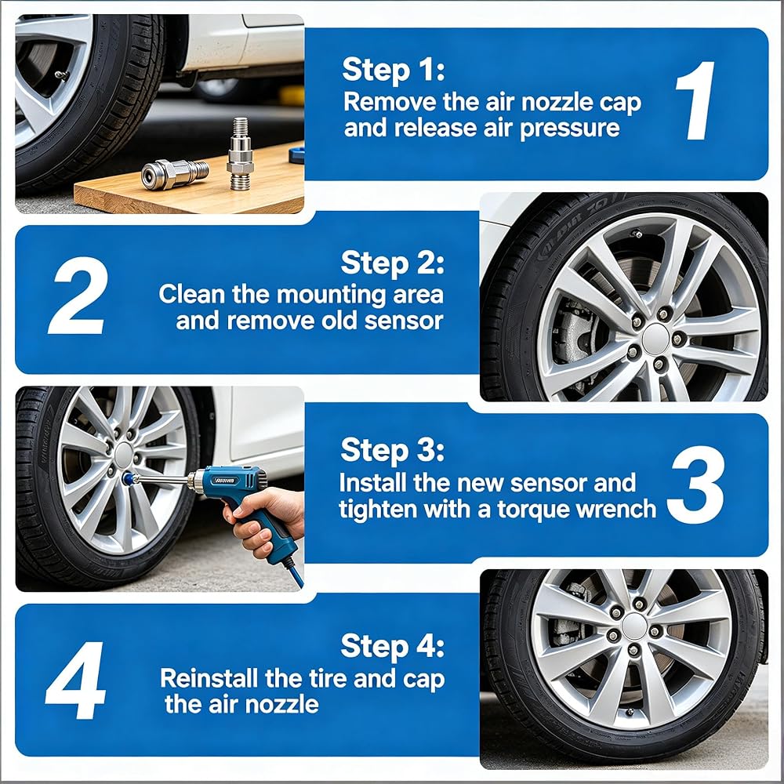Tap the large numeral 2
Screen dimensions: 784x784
[78, 296]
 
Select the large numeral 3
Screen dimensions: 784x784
[698, 485]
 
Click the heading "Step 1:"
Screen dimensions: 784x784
[394, 70]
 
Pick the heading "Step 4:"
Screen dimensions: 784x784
[393, 646]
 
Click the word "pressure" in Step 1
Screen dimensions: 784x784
[569, 129]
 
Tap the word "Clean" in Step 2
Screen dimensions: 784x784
[191, 294]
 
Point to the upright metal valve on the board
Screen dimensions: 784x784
[239, 154]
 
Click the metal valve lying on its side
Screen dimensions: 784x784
[175, 173]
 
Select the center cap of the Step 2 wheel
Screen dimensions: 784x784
[655, 339]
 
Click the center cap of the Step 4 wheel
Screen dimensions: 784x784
[634, 626]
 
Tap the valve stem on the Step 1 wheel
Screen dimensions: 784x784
[62, 75]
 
